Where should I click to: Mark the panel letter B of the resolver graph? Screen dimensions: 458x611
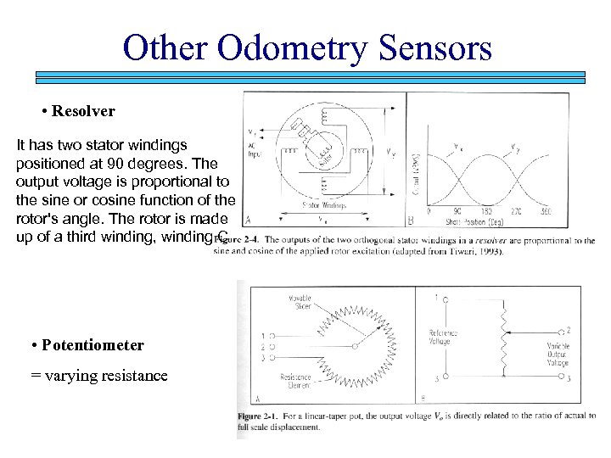(x=411, y=221)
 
